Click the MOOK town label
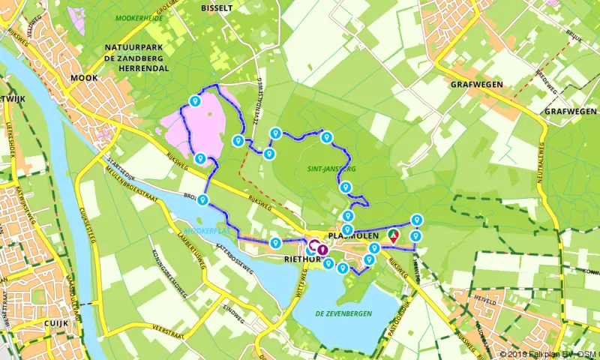pos(85,77)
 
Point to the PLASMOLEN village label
pos(357,234)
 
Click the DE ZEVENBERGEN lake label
pos(343,313)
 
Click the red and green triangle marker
pos(393,235)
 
